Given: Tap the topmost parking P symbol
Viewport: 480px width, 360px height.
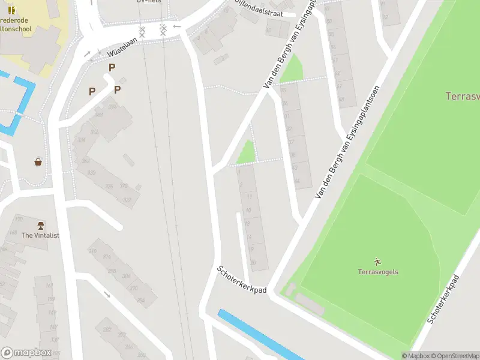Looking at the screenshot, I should [x=112, y=68].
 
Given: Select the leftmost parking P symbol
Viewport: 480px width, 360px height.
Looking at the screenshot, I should [x=92, y=91].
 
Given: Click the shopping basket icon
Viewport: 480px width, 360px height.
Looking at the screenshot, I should [x=38, y=162].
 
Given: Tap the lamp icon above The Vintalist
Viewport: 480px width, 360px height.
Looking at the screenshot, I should [x=41, y=226].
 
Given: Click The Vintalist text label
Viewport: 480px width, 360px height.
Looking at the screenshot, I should [x=40, y=236].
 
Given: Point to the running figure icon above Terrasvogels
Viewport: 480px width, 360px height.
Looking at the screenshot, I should [x=378, y=262].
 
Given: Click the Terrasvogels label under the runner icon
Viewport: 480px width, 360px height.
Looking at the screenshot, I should [x=378, y=272].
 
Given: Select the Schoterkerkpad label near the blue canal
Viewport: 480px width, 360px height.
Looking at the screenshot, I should [x=241, y=280].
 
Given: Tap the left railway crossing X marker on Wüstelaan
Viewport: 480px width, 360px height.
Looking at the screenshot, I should [x=142, y=31].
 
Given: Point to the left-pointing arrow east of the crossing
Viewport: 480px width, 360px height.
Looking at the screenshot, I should [x=176, y=26].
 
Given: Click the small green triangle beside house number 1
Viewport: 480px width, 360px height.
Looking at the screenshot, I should [x=247, y=153].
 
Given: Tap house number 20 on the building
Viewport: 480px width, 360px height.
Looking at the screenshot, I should [x=253, y=263].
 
